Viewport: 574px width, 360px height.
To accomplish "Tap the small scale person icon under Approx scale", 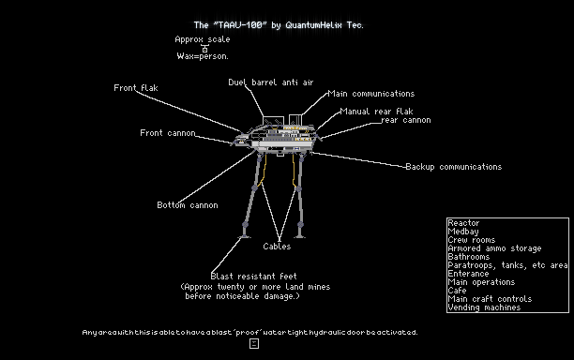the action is (x=204, y=49).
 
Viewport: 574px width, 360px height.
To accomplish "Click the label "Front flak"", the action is (x=136, y=88).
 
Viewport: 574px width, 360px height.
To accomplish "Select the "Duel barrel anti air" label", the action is (x=271, y=82).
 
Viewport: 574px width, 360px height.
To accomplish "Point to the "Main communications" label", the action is (x=371, y=94).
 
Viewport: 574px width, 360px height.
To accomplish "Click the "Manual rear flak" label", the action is (x=376, y=112).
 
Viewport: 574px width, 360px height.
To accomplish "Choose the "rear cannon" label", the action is (x=406, y=120).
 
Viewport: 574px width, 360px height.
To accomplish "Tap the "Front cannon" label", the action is (x=168, y=133).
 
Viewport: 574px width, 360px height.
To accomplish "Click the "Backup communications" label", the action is (x=454, y=167).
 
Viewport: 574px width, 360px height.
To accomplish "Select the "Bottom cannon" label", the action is (x=188, y=205).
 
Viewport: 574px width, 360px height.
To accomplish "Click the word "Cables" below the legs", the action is (x=277, y=247).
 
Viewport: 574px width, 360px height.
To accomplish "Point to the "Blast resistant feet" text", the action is (x=253, y=277).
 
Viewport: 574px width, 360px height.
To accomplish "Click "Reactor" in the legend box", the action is (x=463, y=223).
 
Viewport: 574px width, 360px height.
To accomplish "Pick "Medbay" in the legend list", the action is (x=463, y=232).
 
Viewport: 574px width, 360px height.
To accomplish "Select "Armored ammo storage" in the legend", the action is (x=494, y=248).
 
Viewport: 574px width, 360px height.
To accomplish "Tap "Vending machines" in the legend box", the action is (x=484, y=307).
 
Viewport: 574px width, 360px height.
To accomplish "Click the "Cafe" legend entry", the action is (x=457, y=291).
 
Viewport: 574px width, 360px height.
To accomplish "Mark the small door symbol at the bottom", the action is (x=254, y=343).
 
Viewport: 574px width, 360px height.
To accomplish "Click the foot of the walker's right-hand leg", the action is (x=300, y=236).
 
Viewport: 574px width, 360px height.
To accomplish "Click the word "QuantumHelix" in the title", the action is (x=313, y=25).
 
